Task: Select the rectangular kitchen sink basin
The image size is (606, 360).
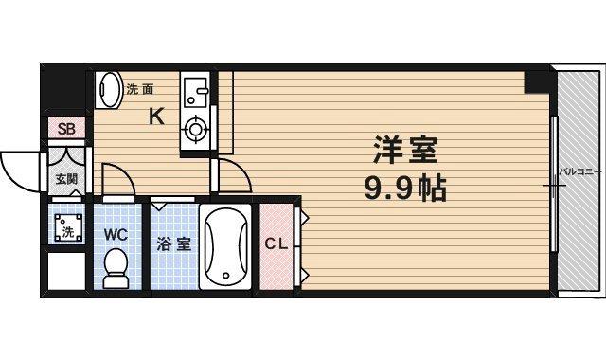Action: point(197,93)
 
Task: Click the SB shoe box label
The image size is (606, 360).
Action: point(66,129)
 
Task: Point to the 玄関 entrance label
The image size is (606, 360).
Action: point(65,179)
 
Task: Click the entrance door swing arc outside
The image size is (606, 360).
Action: point(19,171)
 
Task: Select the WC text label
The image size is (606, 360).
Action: point(116,233)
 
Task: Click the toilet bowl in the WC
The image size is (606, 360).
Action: point(116,267)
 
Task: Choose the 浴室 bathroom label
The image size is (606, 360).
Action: point(173,243)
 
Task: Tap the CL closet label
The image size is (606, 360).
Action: point(276,243)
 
